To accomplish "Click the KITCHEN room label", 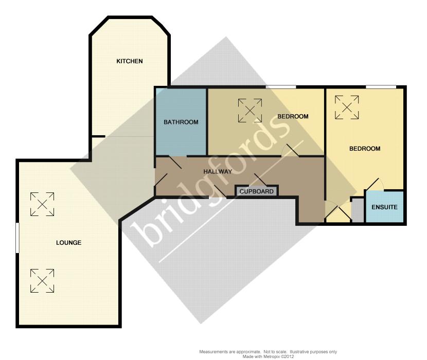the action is coord(129,61).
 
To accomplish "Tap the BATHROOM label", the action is coord(181,122).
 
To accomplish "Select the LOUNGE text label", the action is coord(68,243).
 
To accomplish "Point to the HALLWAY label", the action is coord(218,172).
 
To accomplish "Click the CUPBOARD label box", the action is coord(257,191).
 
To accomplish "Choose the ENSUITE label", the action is coord(384,207).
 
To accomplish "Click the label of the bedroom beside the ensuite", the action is coord(365,149).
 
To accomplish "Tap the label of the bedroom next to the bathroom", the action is coord(293,116).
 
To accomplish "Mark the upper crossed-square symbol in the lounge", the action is coord(42,204).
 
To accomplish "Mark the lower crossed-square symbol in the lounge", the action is coord(42,281).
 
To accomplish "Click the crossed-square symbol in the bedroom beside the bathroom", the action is coord(250,111).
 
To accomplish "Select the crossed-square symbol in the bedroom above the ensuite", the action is coord(347,107).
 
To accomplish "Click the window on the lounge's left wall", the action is coord(17,238).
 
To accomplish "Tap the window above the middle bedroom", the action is coord(281,87).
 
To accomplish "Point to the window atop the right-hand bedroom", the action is coord(381,87).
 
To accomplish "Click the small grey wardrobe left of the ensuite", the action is coord(358,210).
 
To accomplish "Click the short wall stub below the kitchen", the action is coord(98,136).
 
